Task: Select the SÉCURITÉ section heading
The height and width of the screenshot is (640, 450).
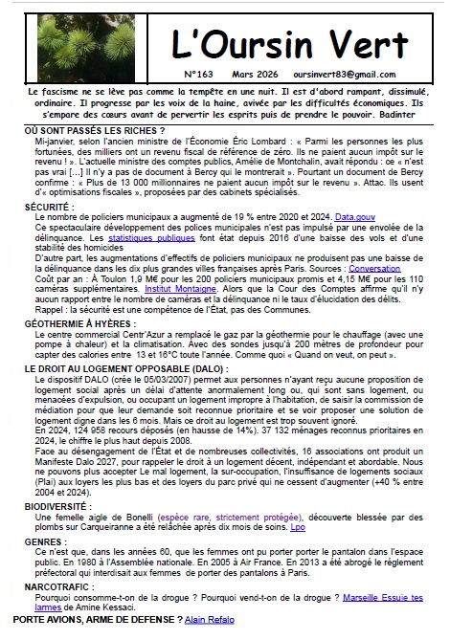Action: pos(49,206)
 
